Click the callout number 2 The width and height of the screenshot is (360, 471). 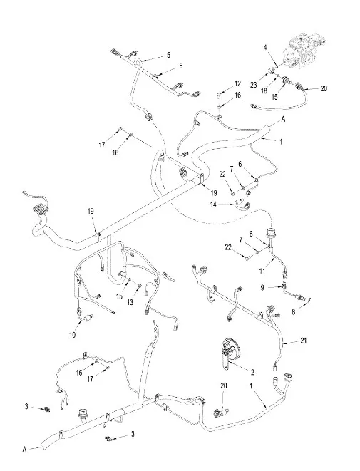pos(252,373)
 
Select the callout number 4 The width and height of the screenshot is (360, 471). pos(265,47)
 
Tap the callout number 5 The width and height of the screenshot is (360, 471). pos(168,55)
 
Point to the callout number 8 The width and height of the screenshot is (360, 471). pos(294,312)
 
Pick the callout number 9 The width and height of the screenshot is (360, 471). pos(262,288)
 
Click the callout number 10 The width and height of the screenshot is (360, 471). pos(73,335)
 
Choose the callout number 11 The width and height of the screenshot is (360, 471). pos(262,271)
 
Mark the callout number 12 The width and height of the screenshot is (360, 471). pos(237,83)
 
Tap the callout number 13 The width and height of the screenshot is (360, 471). pos(130,303)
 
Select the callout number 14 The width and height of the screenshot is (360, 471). pos(213,205)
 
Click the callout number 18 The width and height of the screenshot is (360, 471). pos(264,90)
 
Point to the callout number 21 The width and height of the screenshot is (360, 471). pos(304,341)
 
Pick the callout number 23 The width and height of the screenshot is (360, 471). pos(254,85)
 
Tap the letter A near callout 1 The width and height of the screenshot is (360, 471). pos(283,119)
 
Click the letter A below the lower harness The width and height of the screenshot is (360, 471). pos(24,450)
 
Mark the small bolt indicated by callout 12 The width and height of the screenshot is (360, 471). pos(219,95)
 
